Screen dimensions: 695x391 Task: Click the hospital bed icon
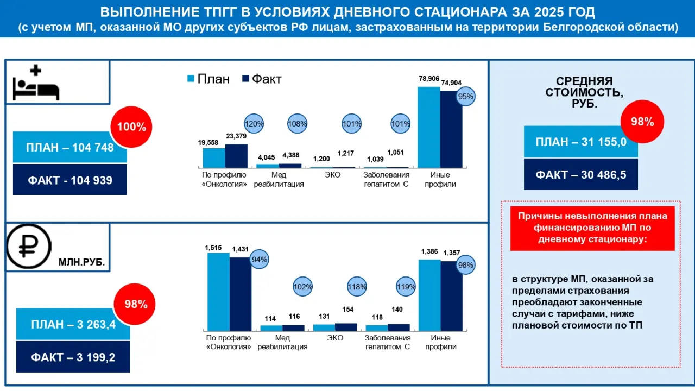36,83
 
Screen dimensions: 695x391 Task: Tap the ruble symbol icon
29,247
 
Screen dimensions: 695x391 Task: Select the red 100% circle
131,127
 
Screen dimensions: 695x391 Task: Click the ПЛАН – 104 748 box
70,147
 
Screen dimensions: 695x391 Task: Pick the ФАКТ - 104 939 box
70,180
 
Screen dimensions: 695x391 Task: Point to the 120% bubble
254,124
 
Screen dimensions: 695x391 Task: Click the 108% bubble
297,124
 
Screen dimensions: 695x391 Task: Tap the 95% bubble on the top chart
465,97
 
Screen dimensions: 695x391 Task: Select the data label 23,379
236,136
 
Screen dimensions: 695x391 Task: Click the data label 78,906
429,79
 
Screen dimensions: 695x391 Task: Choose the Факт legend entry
262,79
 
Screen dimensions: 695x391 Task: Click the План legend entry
208,79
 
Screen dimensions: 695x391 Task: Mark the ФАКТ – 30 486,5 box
581,174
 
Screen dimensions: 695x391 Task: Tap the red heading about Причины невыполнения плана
592,228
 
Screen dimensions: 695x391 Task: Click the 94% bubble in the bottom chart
260,260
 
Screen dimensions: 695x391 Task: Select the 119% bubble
406,286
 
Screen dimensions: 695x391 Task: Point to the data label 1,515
213,248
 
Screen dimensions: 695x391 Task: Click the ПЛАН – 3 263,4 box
73,324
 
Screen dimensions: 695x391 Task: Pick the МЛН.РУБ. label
81,262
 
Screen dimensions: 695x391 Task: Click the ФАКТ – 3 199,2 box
73,357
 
